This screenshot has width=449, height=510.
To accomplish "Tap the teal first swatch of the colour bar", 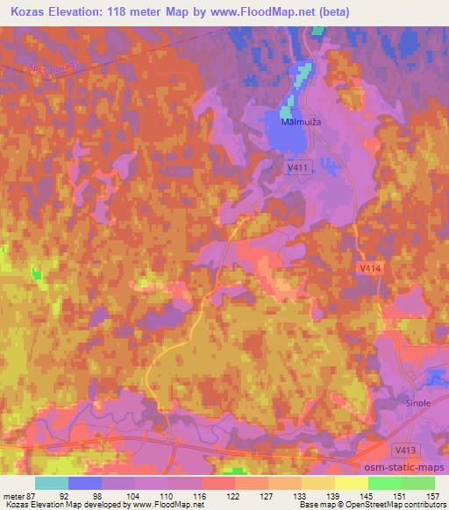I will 52,482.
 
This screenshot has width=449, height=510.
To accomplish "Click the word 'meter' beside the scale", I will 13,495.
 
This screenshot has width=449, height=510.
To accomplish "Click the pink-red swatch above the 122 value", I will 218,482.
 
